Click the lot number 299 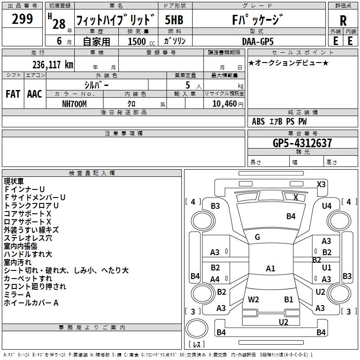click(x=22, y=19)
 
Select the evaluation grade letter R click(x=343, y=21)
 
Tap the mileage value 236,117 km click(x=53, y=65)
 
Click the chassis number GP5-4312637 click(x=302, y=143)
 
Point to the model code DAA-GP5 click(x=258, y=41)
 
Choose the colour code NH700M click(x=74, y=104)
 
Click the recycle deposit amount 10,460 click(x=225, y=104)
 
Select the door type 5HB click(x=174, y=20)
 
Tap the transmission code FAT click(x=13, y=94)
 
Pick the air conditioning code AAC click(x=35, y=94)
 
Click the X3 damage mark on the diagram click(x=321, y=184)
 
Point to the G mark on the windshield click(x=257, y=237)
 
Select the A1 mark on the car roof click(x=270, y=268)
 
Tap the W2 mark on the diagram click(x=253, y=300)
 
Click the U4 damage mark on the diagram click(x=327, y=206)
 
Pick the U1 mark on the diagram click(x=327, y=268)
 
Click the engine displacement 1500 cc click(x=141, y=41)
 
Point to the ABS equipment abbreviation click(x=258, y=121)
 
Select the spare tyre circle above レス click(x=197, y=328)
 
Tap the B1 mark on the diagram click(x=288, y=300)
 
